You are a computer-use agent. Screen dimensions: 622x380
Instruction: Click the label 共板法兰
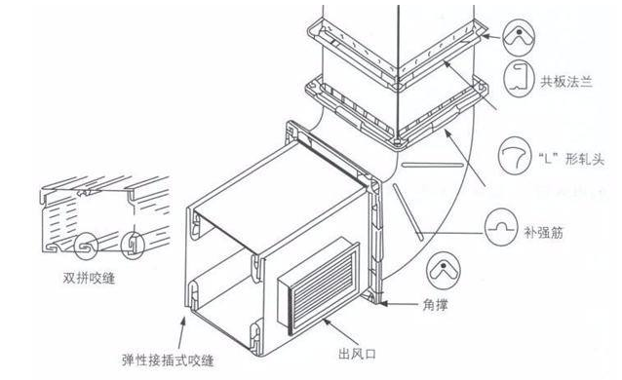pyautogui.click(x=566, y=82)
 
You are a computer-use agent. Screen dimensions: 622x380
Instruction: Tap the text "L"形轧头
pyautogui.click(x=571, y=159)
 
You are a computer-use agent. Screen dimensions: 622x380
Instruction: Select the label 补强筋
pyautogui.click(x=544, y=233)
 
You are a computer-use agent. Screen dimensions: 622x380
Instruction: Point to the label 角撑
pyautogui.click(x=436, y=304)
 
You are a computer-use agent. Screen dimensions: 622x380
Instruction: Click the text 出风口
pyautogui.click(x=358, y=353)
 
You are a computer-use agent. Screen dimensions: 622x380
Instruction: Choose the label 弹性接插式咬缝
pyautogui.click(x=169, y=361)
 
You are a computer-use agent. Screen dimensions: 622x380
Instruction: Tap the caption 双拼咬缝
pyautogui.click(x=90, y=278)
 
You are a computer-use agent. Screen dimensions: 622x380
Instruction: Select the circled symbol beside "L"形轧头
pyautogui.click(x=515, y=155)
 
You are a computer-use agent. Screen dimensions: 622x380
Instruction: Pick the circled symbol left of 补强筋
pyautogui.click(x=501, y=227)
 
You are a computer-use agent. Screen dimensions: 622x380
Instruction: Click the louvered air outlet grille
pyautogui.click(x=319, y=285)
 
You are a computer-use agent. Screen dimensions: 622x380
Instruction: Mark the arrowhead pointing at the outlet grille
pyautogui.click(x=327, y=322)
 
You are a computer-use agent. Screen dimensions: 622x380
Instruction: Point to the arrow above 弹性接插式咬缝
pyautogui.click(x=181, y=332)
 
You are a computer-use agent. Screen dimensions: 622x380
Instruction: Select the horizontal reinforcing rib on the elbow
pyautogui.click(x=433, y=165)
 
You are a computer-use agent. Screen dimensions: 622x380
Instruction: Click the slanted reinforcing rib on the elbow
pyautogui.click(x=408, y=211)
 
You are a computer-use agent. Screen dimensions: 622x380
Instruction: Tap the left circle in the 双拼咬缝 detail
pyautogui.click(x=86, y=247)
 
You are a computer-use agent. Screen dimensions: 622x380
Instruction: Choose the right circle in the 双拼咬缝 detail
pyautogui.click(x=133, y=246)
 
